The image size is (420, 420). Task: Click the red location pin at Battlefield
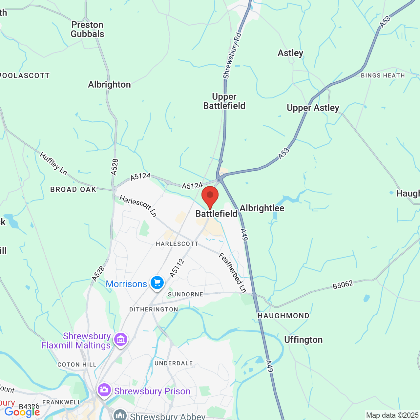210,196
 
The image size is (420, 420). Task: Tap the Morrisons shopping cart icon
157,283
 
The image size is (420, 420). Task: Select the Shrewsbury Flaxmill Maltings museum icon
121,340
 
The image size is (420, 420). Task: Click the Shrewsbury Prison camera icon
104,390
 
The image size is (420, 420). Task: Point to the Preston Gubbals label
87,30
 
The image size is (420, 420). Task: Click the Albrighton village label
109,85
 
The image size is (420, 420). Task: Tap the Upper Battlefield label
224,101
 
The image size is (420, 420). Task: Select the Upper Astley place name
313,108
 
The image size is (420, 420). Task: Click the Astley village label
290,53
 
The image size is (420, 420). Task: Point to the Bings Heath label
383,75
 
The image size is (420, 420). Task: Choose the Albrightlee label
262,208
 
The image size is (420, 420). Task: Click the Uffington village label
303,340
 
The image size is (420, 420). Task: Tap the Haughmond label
283,316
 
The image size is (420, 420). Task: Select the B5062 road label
343,285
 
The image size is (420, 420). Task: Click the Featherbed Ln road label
233,272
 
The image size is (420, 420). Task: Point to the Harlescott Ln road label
138,206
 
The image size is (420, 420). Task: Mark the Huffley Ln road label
53,163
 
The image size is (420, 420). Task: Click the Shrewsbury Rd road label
232,55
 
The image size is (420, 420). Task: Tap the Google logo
22,412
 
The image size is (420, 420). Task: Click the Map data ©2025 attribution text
392,415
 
